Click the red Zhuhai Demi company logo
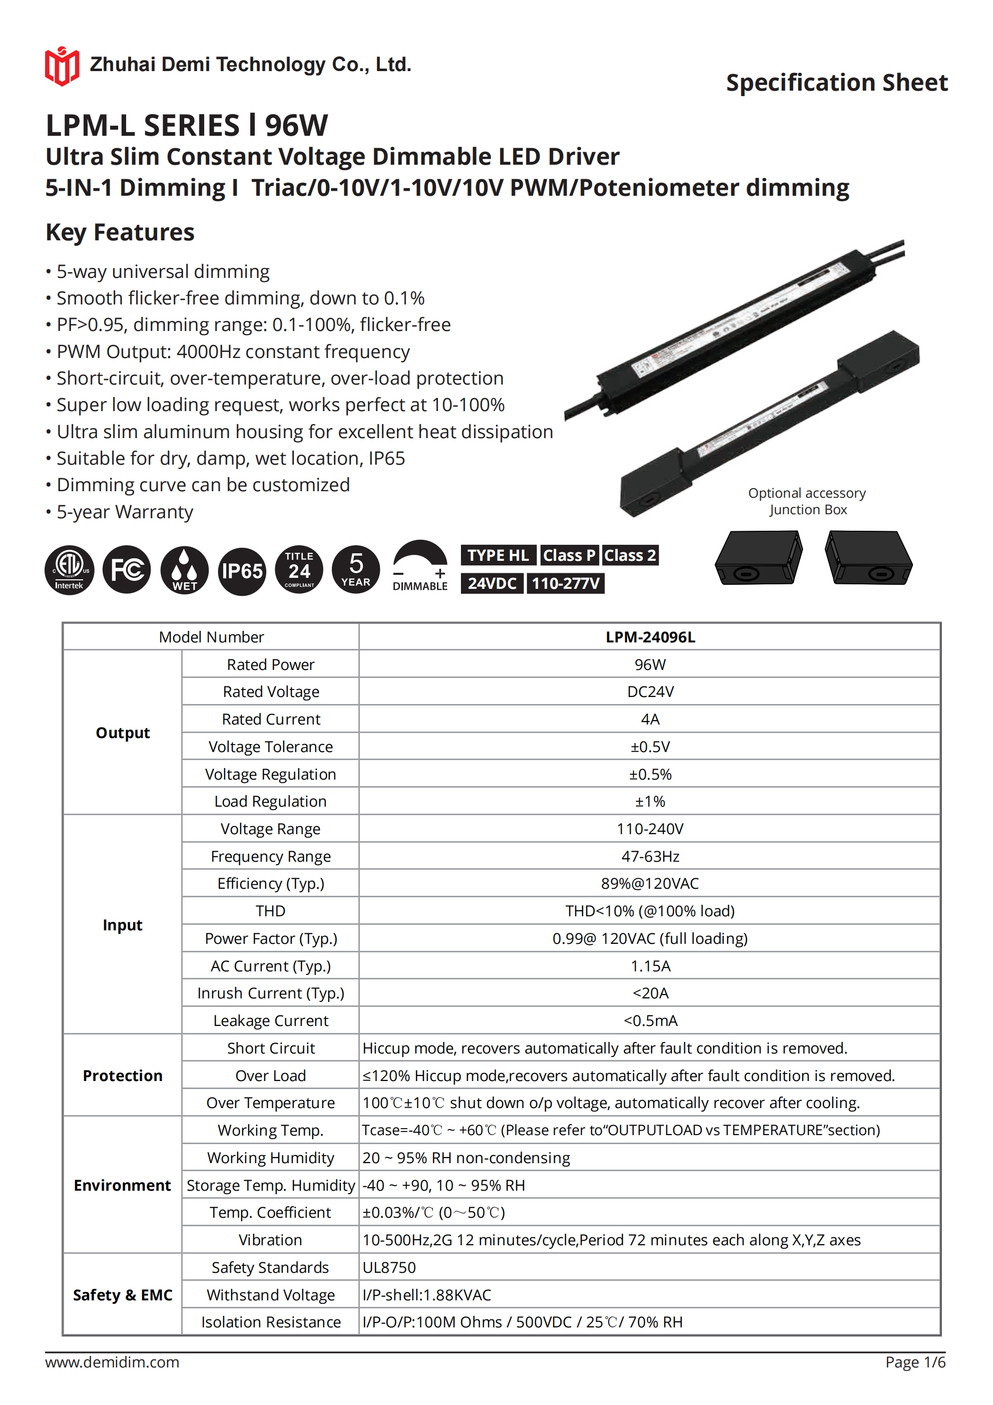click(61, 66)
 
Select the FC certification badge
click(127, 570)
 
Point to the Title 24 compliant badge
click(299, 570)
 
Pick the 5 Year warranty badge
click(355, 570)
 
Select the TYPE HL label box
click(498, 555)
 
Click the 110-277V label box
click(566, 583)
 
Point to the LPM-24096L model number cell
click(650, 637)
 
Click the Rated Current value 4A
click(650, 719)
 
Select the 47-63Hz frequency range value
click(650, 856)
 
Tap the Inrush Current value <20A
click(650, 993)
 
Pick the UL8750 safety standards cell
click(389, 1267)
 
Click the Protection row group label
click(122, 1076)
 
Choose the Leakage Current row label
click(270, 1021)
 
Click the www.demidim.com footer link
click(112, 1362)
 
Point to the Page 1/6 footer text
click(915, 1362)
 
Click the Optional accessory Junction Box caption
click(807, 501)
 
